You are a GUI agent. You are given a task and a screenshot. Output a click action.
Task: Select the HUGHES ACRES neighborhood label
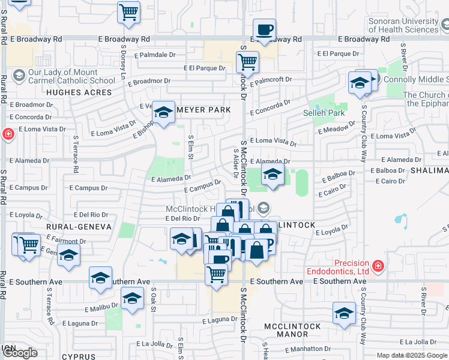pos(79,92)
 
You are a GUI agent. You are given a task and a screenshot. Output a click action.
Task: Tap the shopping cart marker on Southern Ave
pos(216,274)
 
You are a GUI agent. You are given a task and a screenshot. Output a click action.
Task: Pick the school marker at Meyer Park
pos(163,112)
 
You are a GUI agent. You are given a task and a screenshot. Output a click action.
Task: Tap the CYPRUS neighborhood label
pos(78,356)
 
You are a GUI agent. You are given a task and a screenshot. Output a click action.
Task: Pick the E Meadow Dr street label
pos(333,130)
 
